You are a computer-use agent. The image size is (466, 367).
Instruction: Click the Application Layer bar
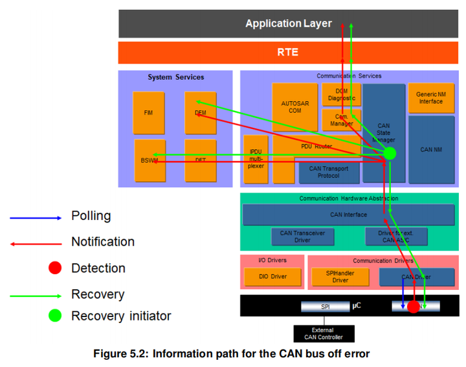[288, 24]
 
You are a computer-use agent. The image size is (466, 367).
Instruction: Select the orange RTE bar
[288, 53]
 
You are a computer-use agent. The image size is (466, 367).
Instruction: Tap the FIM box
[148, 113]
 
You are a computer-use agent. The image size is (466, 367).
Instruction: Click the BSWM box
[150, 160]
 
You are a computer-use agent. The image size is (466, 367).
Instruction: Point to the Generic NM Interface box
[430, 97]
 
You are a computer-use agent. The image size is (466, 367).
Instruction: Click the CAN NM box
[430, 150]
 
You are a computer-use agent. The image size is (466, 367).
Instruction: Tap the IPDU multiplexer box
[255, 159]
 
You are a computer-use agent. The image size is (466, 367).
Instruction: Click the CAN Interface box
[348, 215]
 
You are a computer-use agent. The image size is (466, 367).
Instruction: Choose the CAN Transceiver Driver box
[302, 237]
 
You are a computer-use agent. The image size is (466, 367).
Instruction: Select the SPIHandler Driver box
[340, 277]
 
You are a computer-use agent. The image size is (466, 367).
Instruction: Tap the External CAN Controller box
[323, 333]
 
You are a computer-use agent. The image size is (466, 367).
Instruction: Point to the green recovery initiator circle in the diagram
[389, 154]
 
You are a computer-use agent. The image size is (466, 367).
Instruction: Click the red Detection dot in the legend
[56, 268]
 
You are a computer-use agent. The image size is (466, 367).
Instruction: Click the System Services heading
[175, 77]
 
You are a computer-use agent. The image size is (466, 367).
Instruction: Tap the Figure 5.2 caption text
[232, 354]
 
